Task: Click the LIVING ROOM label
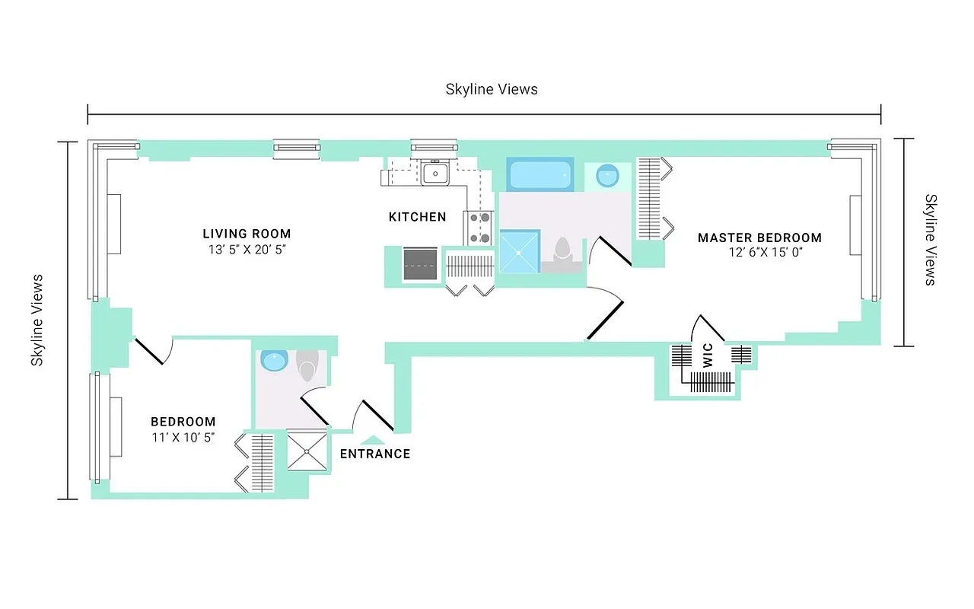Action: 247,234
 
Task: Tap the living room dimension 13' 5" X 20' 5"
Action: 247,249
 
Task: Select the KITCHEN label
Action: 417,217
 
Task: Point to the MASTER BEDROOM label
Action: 759,238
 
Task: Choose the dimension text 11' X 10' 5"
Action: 183,437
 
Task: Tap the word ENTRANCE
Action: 374,454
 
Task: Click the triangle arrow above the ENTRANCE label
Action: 372,438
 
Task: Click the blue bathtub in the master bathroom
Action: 540,175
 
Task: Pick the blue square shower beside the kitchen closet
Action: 519,251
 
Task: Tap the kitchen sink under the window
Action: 434,174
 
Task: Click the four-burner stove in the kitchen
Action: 479,228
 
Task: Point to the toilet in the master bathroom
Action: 562,250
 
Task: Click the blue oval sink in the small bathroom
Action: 272,360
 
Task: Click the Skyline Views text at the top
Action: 492,89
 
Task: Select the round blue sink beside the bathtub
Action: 607,176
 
